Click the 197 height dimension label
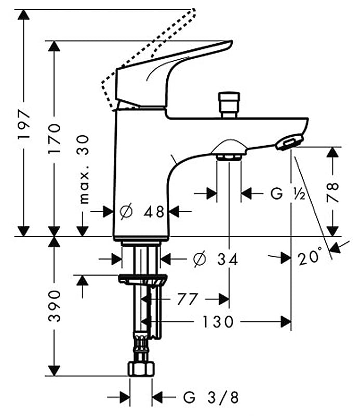[x=23, y=124]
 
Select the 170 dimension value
[x=54, y=138]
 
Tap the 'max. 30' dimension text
[x=84, y=170]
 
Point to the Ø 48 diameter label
[x=142, y=212]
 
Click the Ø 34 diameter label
[x=216, y=258]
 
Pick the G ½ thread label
[x=288, y=193]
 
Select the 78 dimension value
[x=332, y=192]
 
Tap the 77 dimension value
[x=188, y=299]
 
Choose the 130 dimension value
[x=218, y=322]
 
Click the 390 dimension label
[x=55, y=306]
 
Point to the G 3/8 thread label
[x=211, y=397]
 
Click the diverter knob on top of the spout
[x=229, y=105]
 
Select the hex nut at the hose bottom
[x=141, y=369]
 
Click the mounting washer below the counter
[x=143, y=279]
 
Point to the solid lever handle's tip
[x=231, y=43]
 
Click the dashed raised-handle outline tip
[x=194, y=10]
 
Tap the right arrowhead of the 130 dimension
[x=286, y=322]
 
